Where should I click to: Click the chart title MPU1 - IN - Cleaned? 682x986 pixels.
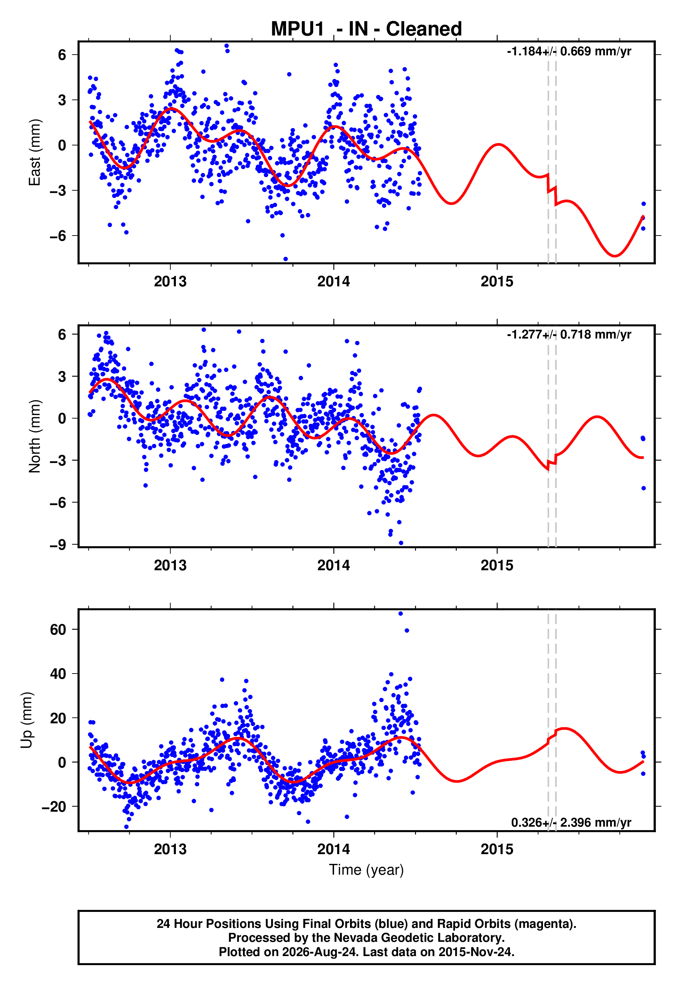pos(366,29)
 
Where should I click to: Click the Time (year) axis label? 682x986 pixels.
pos(366,870)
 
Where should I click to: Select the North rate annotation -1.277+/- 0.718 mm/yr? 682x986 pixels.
pos(569,334)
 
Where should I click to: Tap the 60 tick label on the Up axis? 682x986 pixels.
pos(58,629)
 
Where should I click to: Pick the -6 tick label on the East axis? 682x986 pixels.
pos(58,236)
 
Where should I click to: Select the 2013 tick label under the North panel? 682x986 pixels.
pos(170,565)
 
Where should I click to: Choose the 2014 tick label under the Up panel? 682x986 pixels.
pos(334,849)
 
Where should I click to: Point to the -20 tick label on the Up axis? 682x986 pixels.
pos(54,807)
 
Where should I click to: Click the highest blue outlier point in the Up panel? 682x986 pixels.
pos(400,614)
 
